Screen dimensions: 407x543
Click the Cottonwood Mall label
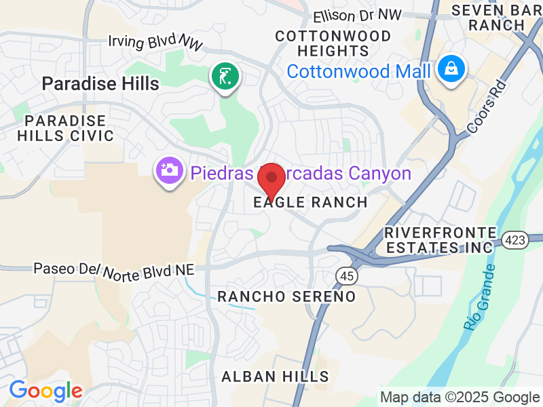coord(358,71)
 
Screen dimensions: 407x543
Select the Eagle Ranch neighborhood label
coord(310,202)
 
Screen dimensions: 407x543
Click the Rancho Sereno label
coord(286,296)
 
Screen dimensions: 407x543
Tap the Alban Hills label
coord(276,376)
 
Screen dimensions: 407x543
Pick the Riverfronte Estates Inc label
coord(438,239)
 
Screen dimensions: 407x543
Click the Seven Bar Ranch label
coord(498,18)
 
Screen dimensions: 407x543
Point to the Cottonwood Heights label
coord(333,43)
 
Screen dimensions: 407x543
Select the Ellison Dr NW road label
coord(358,14)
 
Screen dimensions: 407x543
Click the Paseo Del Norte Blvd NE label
coord(114,270)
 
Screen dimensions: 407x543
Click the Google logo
coord(45,391)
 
